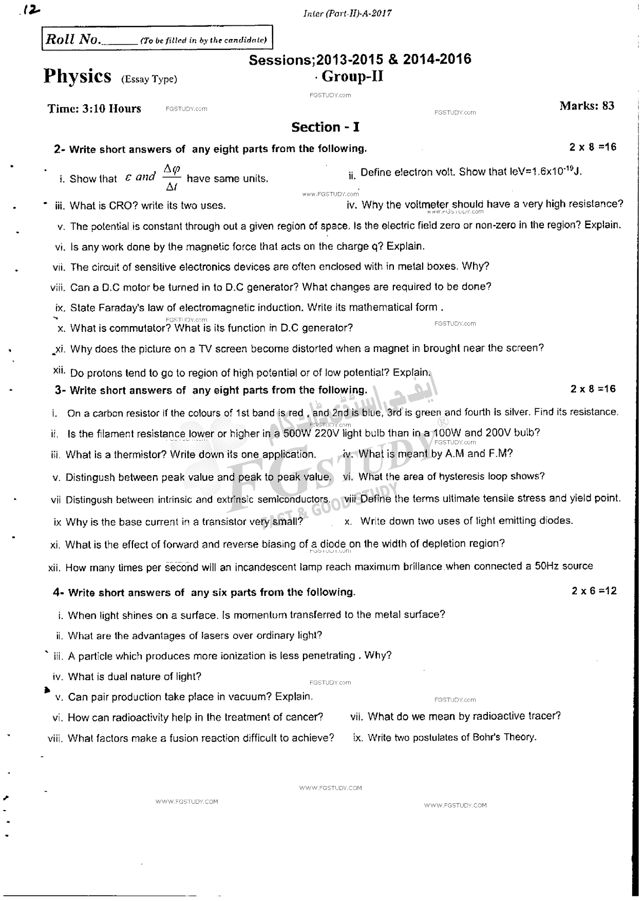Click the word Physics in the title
tap(78, 77)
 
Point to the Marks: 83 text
tap(587, 106)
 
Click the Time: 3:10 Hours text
tap(94, 108)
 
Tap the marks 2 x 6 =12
tap(594, 591)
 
